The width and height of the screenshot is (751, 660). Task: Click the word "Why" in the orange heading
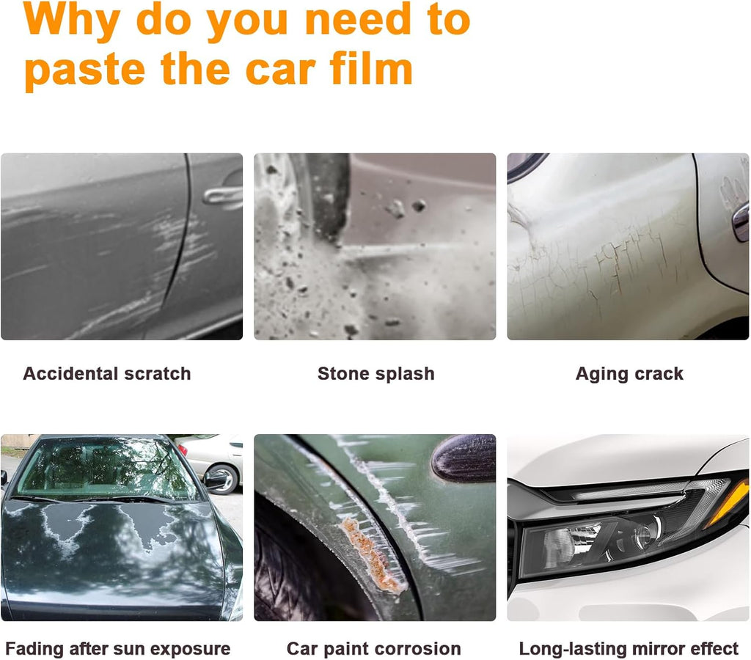(71, 20)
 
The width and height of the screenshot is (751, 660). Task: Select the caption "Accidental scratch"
(107, 373)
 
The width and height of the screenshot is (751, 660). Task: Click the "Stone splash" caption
(376, 373)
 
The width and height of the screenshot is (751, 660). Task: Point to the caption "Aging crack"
(629, 374)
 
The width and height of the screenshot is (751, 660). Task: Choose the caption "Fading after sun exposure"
(118, 649)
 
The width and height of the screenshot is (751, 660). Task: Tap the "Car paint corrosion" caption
(373, 649)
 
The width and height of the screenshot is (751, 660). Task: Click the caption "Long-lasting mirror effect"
(629, 649)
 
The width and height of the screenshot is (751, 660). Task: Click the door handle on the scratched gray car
(222, 195)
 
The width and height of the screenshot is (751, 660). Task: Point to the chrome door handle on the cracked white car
(741, 221)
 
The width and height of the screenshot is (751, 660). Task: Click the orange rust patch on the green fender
(373, 556)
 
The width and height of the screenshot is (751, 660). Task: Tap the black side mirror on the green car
(464, 458)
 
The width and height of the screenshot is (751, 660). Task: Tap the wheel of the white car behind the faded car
(221, 479)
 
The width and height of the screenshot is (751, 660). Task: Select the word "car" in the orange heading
(281, 71)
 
